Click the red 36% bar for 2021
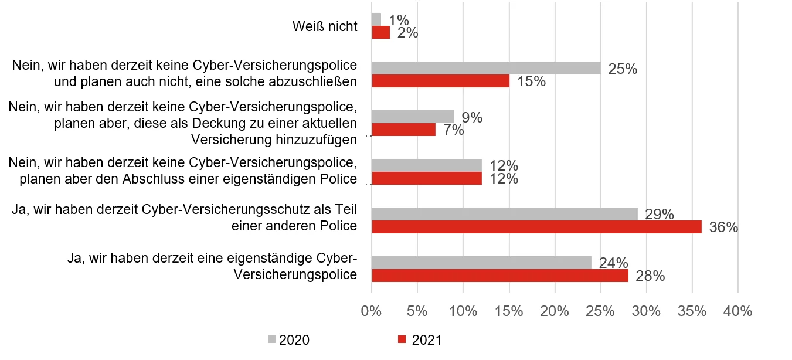pos(536,227)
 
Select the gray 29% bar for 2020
pos(504,213)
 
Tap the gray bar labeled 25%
pos(486,68)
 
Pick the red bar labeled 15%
pos(440,81)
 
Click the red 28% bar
pos(499,276)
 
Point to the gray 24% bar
pos(481,262)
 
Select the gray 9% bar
pos(413,117)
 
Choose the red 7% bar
pos(404,130)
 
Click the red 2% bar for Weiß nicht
pos(380,33)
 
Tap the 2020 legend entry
pos(288,340)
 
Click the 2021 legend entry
pos(419,340)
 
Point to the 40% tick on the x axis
pos(737,311)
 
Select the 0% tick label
pos(372,311)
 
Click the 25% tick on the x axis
pos(600,311)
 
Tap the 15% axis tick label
pos(509,311)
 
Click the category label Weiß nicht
pos(324,26)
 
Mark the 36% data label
pos(723,227)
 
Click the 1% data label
pos(399,20)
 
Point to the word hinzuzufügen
pos(316,140)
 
